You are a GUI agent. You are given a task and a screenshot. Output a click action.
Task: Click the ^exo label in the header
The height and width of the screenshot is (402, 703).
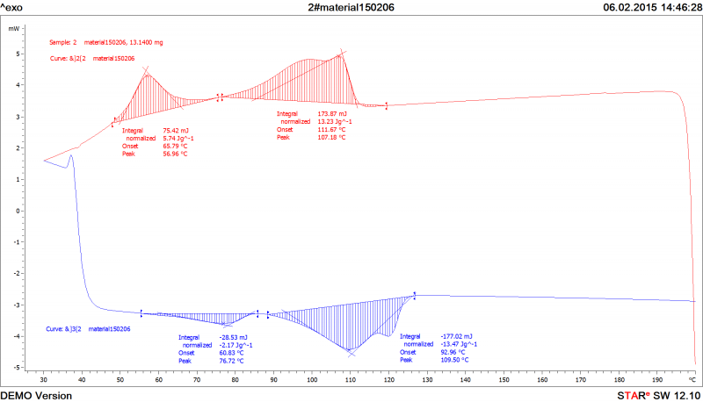(13, 6)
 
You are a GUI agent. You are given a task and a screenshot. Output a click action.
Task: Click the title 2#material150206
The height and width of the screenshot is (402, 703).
(351, 6)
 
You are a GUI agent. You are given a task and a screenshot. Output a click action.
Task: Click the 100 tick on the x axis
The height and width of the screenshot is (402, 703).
(312, 381)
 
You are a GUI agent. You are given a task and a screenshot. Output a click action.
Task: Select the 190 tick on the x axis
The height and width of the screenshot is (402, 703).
(656, 381)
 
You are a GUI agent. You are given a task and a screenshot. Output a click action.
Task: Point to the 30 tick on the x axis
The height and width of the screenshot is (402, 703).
(44, 381)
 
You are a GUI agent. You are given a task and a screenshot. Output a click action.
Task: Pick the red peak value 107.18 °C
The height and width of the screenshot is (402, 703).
(331, 138)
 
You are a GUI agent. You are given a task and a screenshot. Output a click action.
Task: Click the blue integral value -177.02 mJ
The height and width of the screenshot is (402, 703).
(456, 336)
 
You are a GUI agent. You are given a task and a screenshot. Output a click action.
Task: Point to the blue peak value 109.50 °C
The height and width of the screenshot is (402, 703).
(455, 360)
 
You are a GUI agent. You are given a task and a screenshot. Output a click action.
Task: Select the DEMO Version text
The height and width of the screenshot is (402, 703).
(36, 396)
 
